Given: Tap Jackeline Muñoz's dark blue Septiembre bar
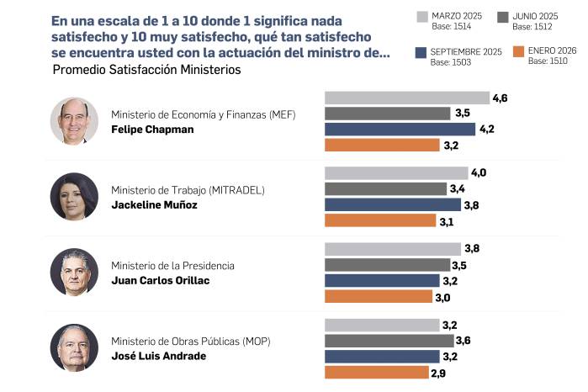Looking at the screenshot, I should tap(393, 204).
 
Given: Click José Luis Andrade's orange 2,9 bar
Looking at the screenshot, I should tap(376, 372).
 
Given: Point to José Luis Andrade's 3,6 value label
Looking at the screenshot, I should tap(463, 341).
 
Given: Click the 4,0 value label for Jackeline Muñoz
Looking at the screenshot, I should tap(479, 173).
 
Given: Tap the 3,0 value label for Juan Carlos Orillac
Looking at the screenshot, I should tap(443, 296).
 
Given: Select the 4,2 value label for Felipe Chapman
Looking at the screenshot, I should tap(486, 130).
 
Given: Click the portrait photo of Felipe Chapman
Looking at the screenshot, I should tap(75, 121).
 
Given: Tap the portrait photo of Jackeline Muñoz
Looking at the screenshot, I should tap(75, 196).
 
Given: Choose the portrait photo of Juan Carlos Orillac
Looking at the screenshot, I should tap(75, 272).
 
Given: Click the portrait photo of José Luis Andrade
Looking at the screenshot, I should tap(75, 347).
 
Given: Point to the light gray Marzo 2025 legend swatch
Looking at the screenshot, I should tap(421, 16).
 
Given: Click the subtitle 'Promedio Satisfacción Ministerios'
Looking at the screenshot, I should tap(146, 70).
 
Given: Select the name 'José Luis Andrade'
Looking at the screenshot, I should tap(158, 356).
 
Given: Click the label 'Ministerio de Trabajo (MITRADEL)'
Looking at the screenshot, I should tap(188, 190).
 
